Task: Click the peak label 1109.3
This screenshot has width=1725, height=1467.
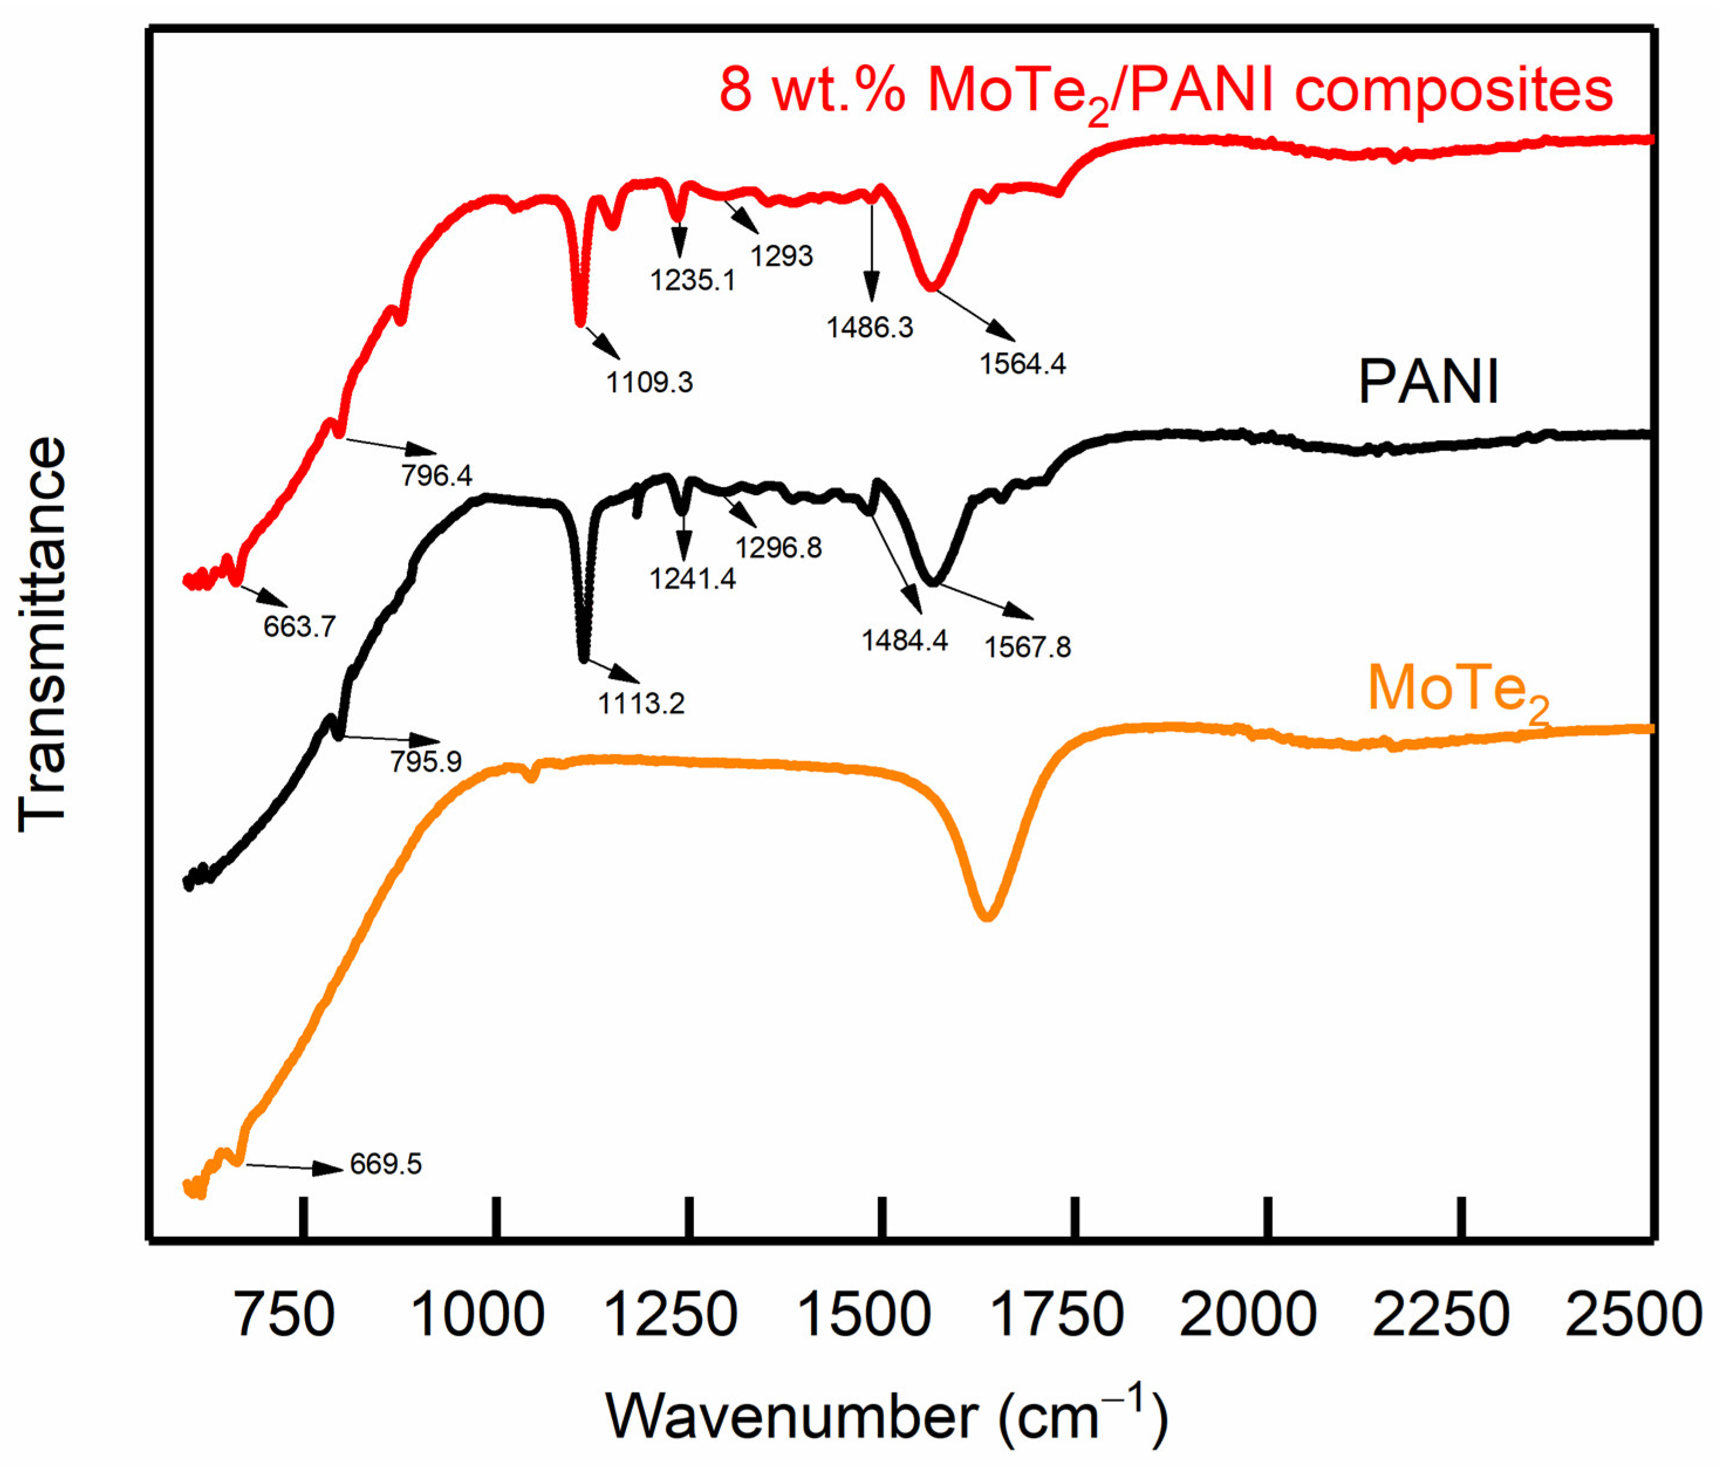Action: (649, 382)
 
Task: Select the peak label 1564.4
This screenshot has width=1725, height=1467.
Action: (1022, 364)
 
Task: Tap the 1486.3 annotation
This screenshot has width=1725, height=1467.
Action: (869, 328)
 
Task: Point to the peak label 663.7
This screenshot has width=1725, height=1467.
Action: (299, 627)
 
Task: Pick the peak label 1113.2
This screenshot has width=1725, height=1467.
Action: (641, 704)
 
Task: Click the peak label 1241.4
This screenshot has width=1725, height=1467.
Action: (692, 578)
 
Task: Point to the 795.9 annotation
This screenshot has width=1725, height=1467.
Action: (425, 762)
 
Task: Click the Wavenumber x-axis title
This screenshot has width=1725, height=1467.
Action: (887, 1415)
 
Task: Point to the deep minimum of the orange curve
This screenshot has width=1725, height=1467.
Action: (987, 917)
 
